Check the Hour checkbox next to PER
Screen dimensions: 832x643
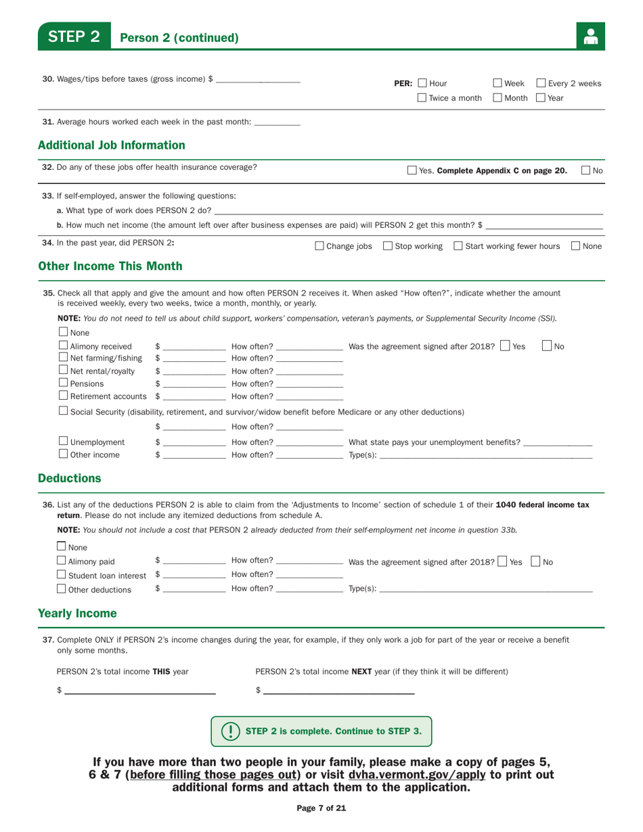(x=422, y=84)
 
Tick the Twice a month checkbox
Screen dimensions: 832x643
(x=422, y=98)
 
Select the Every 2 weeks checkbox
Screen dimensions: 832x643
(x=542, y=84)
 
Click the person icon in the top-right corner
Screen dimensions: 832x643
(x=590, y=37)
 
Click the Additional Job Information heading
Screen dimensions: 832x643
(x=111, y=145)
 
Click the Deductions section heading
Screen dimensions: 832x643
(x=70, y=479)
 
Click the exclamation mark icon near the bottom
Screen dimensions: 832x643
(x=231, y=731)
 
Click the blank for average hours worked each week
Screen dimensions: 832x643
(x=278, y=122)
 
